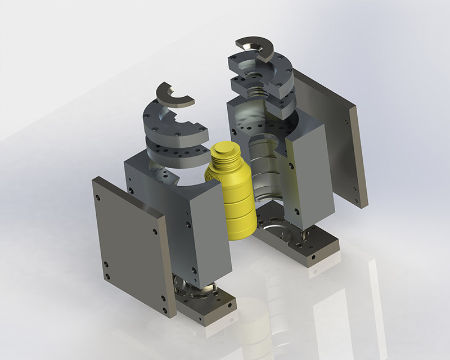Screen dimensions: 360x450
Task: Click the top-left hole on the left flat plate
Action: [99, 199]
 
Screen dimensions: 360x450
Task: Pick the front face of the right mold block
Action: [307, 180]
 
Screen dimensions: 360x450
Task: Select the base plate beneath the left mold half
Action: [208, 307]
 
